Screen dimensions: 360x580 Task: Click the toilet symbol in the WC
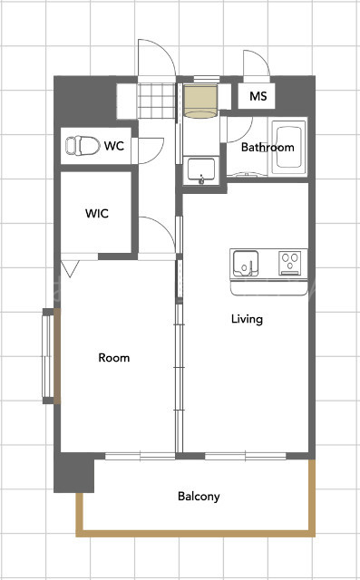[x=83, y=145]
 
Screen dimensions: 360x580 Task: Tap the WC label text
[x=114, y=146]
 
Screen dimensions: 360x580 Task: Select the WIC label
[x=96, y=214]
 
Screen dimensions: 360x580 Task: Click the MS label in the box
[x=258, y=96]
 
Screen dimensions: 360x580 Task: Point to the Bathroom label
[x=268, y=147]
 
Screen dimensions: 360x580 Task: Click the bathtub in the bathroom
[x=289, y=147]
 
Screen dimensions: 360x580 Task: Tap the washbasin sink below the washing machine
[x=201, y=170]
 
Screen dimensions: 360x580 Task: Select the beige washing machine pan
[x=200, y=101]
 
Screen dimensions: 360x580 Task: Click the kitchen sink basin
[x=246, y=264]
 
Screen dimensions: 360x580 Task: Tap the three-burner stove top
[x=289, y=263]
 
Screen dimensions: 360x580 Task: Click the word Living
[x=247, y=319]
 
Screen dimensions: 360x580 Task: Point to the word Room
[x=114, y=358]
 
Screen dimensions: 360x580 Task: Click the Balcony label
[x=199, y=497]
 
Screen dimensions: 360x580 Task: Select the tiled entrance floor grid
[x=156, y=101]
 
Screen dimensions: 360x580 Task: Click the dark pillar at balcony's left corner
[x=74, y=473]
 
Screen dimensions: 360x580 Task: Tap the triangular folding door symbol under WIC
[x=71, y=268]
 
